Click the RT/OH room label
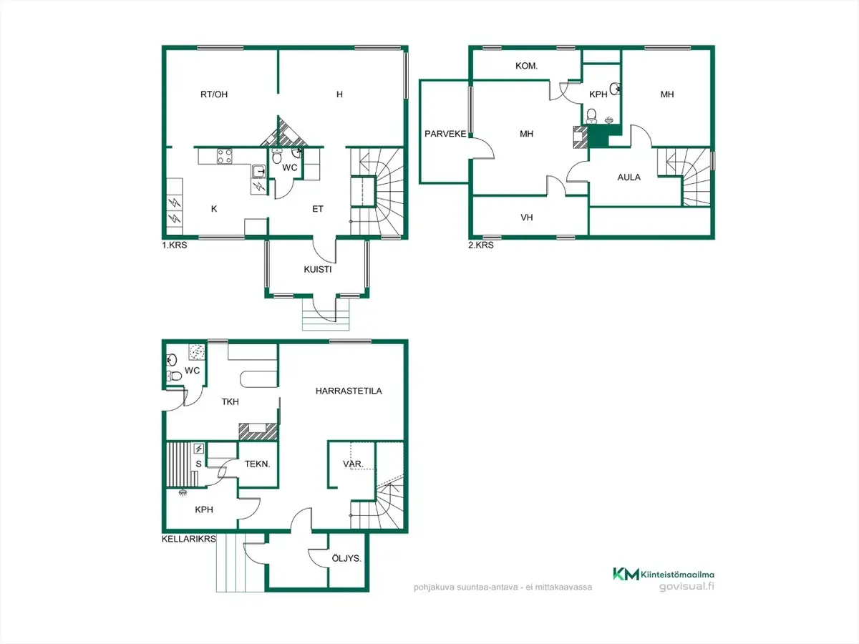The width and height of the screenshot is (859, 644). tap(213, 94)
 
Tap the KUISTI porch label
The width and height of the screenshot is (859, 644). tap(317, 270)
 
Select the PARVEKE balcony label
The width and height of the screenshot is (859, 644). tap(445, 134)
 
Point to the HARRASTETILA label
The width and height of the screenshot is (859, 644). tap(349, 391)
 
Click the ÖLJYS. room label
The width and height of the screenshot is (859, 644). tap(346, 558)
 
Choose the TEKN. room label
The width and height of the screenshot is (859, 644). tap(258, 464)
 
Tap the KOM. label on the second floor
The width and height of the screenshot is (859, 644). tap(526, 66)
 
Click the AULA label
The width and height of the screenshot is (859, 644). tap(629, 177)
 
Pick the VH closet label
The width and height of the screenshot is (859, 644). tap(526, 218)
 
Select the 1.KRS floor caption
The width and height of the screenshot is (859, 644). tap(175, 245)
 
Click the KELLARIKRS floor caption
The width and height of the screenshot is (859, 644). tap(189, 539)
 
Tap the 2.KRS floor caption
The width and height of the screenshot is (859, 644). tap(481, 245)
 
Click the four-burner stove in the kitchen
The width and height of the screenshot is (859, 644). tap(225, 157)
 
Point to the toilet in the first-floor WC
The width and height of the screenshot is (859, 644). tap(277, 156)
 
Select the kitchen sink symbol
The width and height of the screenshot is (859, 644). tap(259, 171)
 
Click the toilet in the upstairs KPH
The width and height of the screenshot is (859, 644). tap(591, 116)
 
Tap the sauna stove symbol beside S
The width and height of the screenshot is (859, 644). tap(199, 448)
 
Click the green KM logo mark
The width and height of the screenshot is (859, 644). tap(626, 574)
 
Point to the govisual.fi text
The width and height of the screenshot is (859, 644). tap(686, 587)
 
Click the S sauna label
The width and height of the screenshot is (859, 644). tap(198, 464)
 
